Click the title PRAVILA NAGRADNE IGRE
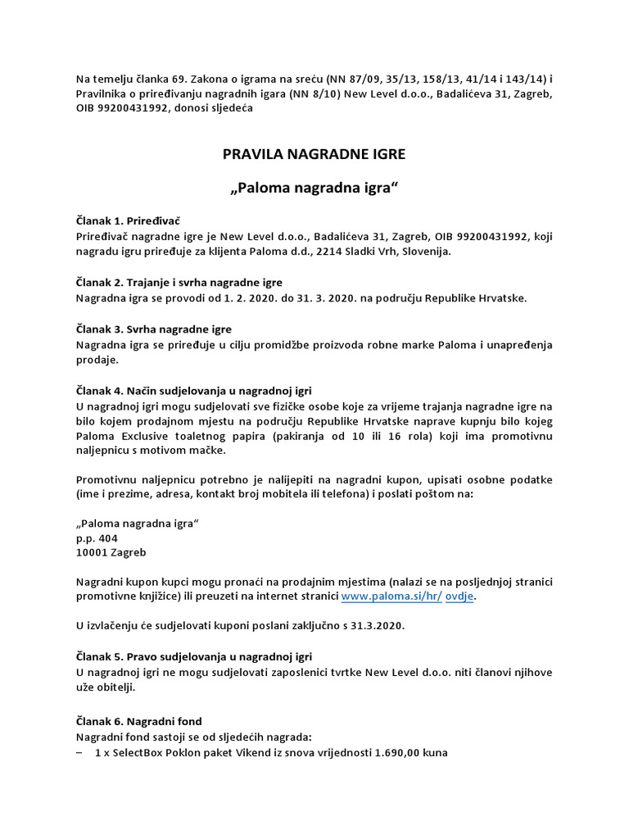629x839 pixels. (314, 153)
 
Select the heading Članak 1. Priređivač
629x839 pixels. (127, 221)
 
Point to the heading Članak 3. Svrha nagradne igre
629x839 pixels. (153, 329)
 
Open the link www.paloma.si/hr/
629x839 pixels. (391, 596)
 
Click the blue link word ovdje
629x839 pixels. (459, 596)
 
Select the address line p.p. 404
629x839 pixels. (97, 537)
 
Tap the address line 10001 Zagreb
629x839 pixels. (111, 552)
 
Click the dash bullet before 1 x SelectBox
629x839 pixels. (79, 751)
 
